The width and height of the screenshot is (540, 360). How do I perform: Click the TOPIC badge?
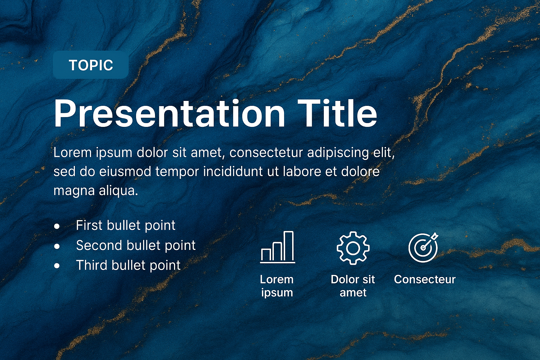click(91, 65)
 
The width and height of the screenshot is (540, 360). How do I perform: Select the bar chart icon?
click(277, 247)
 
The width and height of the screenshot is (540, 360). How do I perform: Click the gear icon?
click(353, 248)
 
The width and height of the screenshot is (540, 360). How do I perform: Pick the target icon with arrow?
click(423, 247)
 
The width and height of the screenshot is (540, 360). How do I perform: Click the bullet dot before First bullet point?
click(57, 226)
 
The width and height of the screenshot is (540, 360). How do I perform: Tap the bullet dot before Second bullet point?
click(57, 246)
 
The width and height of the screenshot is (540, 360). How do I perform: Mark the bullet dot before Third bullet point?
click(57, 266)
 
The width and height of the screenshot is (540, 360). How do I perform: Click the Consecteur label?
click(425, 279)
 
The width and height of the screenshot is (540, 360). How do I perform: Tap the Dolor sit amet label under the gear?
click(353, 286)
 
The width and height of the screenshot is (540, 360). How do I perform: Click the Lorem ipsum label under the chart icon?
click(277, 286)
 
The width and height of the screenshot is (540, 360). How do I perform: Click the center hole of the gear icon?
click(353, 248)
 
